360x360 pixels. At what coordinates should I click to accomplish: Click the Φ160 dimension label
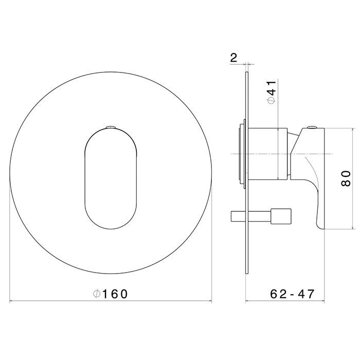tap(110, 294)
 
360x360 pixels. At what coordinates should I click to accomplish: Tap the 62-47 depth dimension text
tap(292, 294)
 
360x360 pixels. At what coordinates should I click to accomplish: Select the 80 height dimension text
tap(346, 178)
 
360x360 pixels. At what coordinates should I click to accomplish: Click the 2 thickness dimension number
tap(233, 58)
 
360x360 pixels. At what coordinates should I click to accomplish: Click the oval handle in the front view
tap(111, 179)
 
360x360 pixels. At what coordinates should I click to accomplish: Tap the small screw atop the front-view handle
tap(111, 127)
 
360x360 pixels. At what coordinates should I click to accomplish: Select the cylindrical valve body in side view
tap(268, 154)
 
